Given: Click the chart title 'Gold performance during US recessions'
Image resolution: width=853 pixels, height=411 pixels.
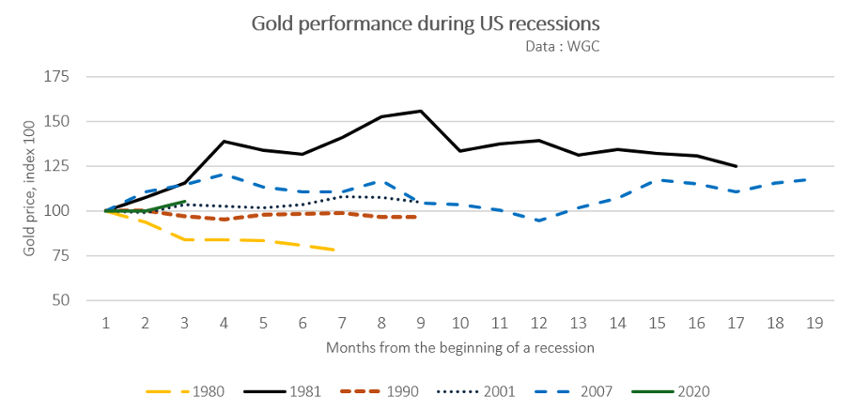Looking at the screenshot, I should click(x=426, y=22).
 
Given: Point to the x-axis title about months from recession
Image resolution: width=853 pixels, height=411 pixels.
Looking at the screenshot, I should click(x=460, y=347).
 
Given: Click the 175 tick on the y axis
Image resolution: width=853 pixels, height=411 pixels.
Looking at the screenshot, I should click(x=59, y=77).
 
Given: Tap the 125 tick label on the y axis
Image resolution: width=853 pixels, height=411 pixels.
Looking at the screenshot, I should click(x=59, y=166).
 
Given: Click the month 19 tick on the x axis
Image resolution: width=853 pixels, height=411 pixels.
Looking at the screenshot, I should click(x=814, y=322).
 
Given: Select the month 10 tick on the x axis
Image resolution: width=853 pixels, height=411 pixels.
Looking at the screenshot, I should click(x=459, y=322).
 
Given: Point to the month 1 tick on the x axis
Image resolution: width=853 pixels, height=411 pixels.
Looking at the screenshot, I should click(x=106, y=322).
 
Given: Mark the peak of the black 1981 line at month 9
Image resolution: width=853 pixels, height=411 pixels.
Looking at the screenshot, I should click(x=421, y=111).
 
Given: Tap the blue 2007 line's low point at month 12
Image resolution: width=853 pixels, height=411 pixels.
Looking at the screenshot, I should click(x=538, y=221).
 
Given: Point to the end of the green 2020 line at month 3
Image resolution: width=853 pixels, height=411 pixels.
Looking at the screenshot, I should click(x=185, y=201).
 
